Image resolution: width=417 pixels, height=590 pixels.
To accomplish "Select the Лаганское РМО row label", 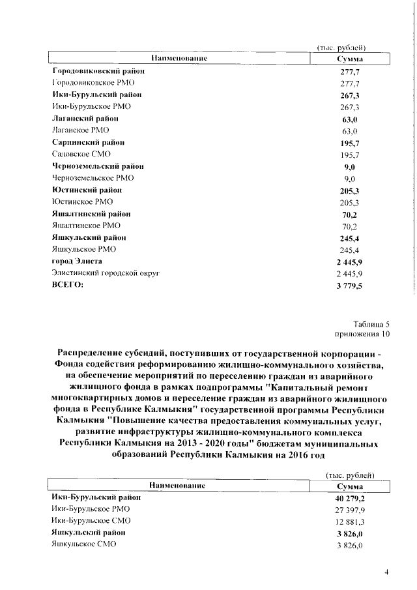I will point(80,130).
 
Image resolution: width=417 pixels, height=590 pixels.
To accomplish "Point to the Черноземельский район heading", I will point(98,166).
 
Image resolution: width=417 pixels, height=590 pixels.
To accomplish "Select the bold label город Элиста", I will point(76,261).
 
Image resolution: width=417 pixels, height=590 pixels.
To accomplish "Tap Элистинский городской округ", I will point(105,273).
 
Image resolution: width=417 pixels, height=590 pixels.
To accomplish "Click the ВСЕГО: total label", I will point(68,285).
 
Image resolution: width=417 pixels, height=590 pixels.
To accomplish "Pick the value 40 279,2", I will point(349,497).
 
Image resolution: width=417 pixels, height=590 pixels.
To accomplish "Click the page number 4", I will point(386,572).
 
